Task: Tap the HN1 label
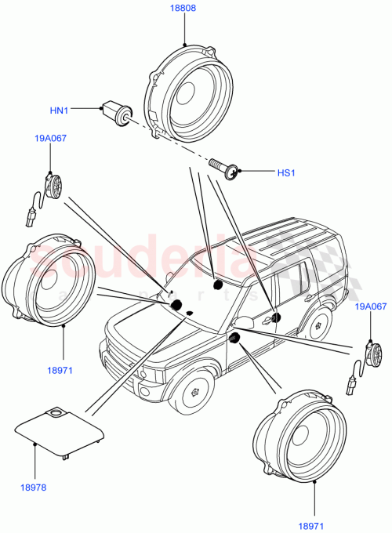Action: coord(60,111)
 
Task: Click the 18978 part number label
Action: coord(34,486)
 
